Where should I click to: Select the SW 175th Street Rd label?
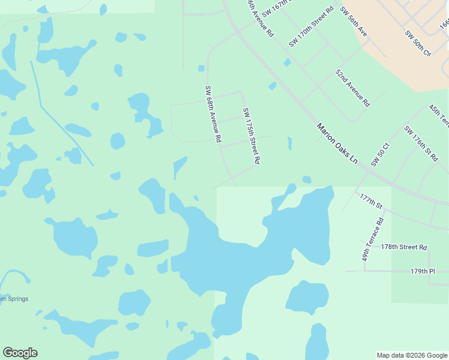pyautogui.click(x=252, y=136)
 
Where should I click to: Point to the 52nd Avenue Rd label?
pyautogui.click(x=352, y=88)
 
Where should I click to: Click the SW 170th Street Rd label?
pyautogui.click(x=311, y=28)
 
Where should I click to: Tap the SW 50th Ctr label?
pyautogui.click(x=418, y=44)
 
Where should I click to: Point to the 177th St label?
pyautogui.click(x=371, y=200)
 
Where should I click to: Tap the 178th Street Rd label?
pyautogui.click(x=403, y=247)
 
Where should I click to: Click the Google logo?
pyautogui.click(x=20, y=353)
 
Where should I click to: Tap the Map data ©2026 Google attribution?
pyautogui.click(x=412, y=355)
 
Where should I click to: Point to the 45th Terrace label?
pyautogui.click(x=439, y=116)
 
